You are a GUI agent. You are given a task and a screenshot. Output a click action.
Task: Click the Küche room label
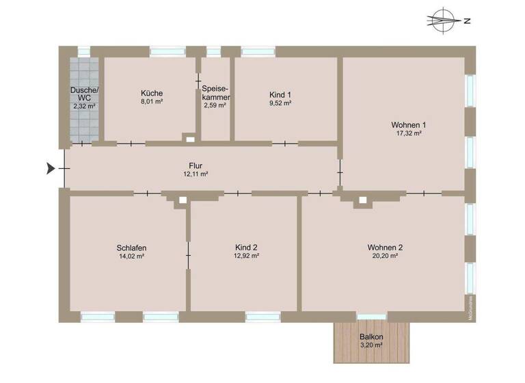pyautogui.click(x=151, y=94)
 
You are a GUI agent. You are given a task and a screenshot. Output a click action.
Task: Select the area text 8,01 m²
pyautogui.click(x=151, y=102)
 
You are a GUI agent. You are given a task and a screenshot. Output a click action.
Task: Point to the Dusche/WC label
pyautogui.click(x=85, y=94)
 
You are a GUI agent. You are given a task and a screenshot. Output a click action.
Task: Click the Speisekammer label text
pyautogui.click(x=215, y=93)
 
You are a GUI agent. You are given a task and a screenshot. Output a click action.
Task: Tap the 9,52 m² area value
pyautogui.click(x=280, y=103)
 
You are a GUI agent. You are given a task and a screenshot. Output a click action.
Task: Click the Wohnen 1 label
pyautogui.click(x=408, y=124)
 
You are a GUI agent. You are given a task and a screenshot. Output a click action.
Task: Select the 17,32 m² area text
pyautogui.click(x=408, y=133)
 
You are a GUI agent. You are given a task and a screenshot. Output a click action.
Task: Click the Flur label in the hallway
pyautogui.click(x=196, y=165)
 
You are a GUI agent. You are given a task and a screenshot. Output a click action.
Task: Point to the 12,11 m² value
pyautogui.click(x=196, y=174)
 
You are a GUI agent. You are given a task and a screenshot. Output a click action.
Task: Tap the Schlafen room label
pyautogui.click(x=131, y=248)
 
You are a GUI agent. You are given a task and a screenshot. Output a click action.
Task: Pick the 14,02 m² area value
pyautogui.click(x=131, y=256)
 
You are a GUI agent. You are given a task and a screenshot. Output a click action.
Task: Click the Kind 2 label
pyautogui.click(x=245, y=248)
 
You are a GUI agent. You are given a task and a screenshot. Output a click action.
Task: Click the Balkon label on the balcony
pyautogui.click(x=372, y=336)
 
